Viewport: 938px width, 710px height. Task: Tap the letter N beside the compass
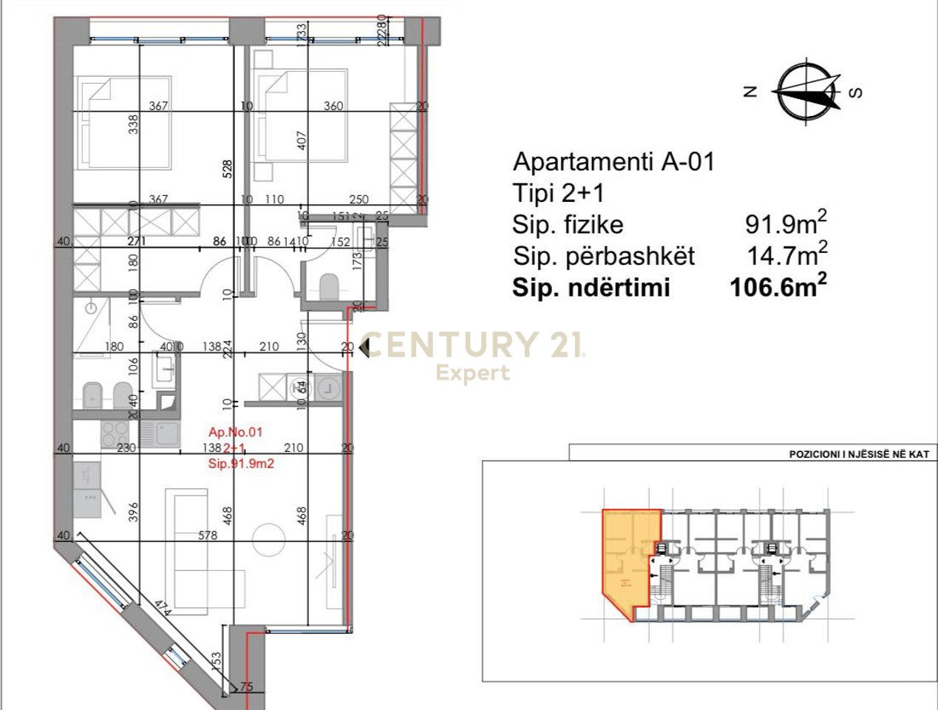pos(751,92)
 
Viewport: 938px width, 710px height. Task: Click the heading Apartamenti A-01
pos(614,161)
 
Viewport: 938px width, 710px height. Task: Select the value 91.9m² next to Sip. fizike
pos(785,223)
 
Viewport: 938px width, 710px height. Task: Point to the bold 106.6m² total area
pos(778,287)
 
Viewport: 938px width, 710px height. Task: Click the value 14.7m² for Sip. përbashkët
pos(786,255)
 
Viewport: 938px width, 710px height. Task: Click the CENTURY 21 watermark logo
pos(473,346)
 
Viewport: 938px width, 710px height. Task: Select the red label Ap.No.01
pos(235,432)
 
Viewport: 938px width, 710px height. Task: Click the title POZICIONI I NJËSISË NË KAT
pos(858,454)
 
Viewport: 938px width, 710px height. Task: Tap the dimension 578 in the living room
pos(208,535)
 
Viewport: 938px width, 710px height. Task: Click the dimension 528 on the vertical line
pos(228,171)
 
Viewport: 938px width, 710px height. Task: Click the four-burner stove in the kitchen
pos(115,434)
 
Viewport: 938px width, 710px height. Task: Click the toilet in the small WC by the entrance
pos(328,285)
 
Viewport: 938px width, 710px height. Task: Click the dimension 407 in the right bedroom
pos(300,141)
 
